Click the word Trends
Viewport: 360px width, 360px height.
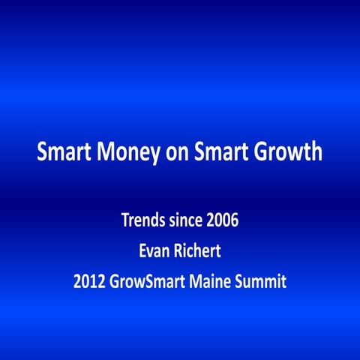pos(142,221)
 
